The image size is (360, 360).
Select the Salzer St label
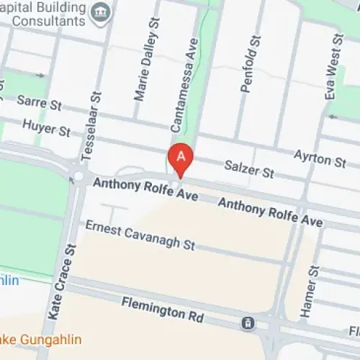[x=249, y=171]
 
